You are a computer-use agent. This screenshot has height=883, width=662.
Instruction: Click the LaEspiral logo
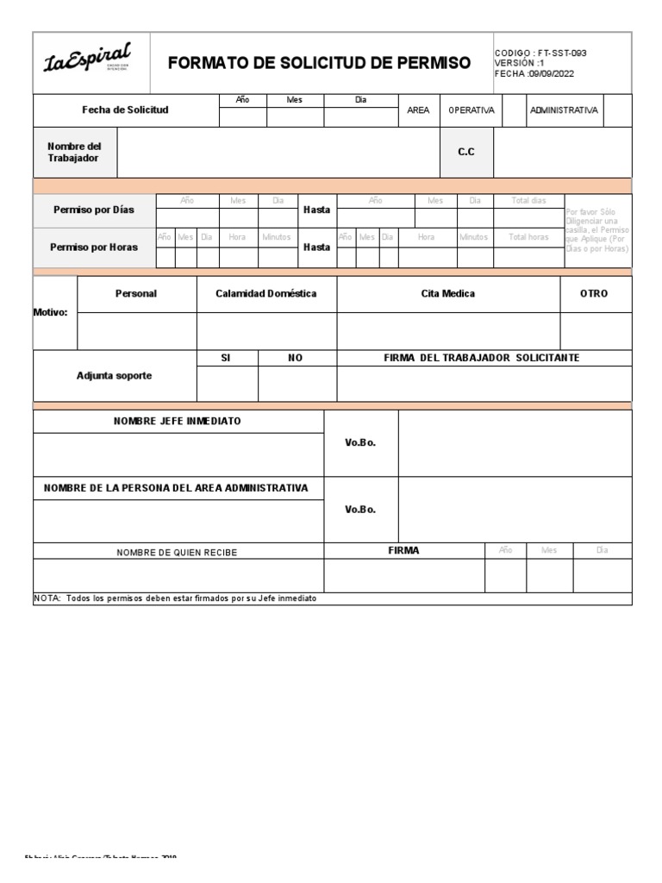coord(88,60)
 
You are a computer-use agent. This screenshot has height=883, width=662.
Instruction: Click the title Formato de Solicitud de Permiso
coord(319,63)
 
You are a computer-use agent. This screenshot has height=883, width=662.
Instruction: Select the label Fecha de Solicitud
coord(125,110)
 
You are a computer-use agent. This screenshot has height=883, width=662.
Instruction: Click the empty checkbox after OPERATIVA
coord(513,111)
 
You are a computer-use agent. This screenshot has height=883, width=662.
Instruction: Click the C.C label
coord(465,152)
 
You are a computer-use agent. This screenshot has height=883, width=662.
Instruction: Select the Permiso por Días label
coord(93,210)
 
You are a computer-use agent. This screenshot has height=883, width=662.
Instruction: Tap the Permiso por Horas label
coord(93,247)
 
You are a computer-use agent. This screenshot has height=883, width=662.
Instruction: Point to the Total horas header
coord(528,237)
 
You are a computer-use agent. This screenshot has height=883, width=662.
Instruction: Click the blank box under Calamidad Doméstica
coord(266,331)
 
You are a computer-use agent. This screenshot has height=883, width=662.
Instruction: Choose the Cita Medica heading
coord(447,294)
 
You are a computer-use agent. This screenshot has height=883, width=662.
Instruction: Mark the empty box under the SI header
coord(227,385)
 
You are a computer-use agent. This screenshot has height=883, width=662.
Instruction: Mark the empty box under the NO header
coord(297,385)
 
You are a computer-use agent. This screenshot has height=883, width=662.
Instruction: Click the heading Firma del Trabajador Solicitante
coord(482,358)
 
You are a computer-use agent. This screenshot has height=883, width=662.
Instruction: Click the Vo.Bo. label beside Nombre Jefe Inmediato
coord(360,442)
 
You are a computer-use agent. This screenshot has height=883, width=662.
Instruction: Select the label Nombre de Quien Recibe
coord(177,552)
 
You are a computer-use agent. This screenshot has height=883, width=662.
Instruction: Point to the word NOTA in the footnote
coord(47,598)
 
